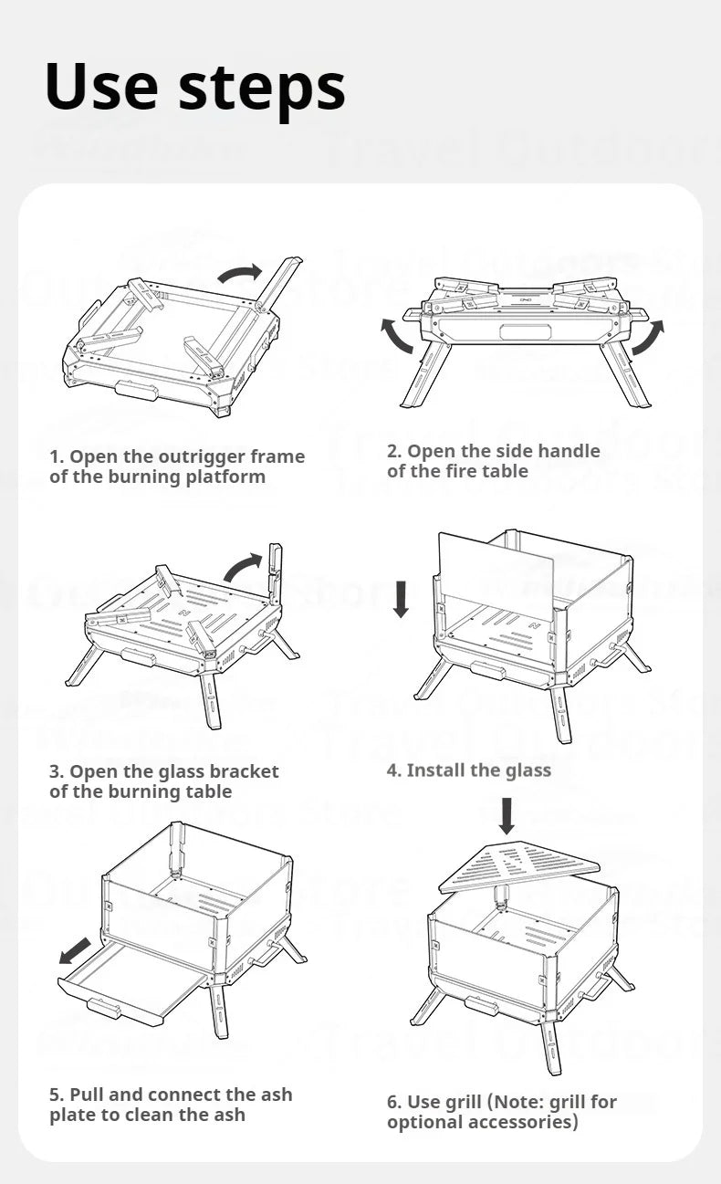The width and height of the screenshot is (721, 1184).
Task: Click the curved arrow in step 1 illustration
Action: [x=239, y=273]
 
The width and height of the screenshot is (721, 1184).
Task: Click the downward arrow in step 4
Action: [x=401, y=599]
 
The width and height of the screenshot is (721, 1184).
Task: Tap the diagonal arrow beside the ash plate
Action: [x=75, y=950]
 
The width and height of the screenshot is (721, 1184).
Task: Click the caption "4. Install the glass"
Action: [x=469, y=770]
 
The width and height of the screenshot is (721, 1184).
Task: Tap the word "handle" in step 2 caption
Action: [x=569, y=451]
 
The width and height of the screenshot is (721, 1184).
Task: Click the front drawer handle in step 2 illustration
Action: [x=526, y=330]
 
